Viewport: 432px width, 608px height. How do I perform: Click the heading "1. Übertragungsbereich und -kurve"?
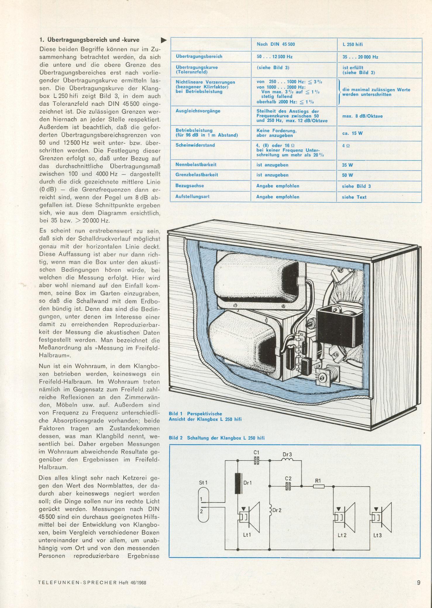click(89, 40)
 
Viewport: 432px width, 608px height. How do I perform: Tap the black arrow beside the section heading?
click(164, 40)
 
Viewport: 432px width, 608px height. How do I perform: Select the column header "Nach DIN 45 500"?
click(276, 44)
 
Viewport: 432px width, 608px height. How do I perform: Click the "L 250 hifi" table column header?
click(352, 44)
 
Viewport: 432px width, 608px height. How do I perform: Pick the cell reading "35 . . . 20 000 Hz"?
click(360, 57)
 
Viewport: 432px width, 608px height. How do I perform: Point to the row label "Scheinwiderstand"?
click(195, 145)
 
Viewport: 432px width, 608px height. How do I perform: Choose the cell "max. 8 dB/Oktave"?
click(362, 116)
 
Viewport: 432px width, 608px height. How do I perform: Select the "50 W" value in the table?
click(347, 175)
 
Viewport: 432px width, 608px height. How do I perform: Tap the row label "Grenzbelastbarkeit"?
click(197, 175)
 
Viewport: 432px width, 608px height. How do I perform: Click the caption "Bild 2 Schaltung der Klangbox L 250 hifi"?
click(216, 438)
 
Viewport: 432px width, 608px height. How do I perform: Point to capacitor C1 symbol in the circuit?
click(256, 461)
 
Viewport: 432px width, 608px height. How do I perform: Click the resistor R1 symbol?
click(319, 486)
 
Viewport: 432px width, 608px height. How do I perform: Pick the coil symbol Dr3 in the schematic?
click(287, 460)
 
